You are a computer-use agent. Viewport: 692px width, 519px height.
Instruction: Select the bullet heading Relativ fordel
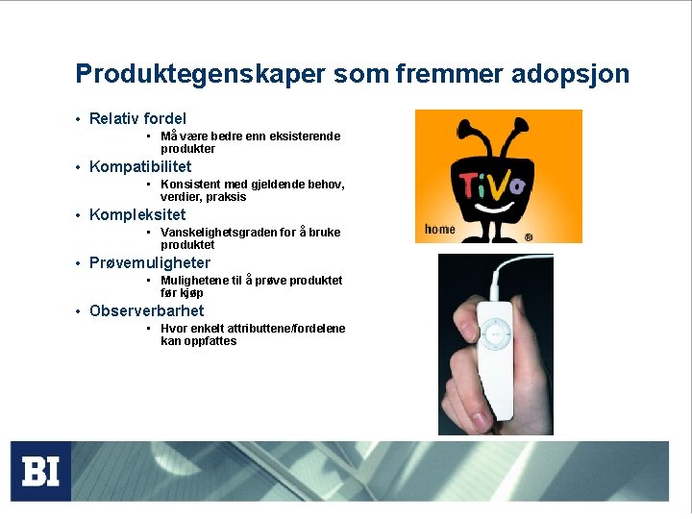pyautogui.click(x=137, y=119)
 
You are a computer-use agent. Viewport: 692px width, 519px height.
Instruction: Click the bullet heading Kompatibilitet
pyautogui.click(x=140, y=167)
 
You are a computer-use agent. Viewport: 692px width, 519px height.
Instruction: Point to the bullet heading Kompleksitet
pyautogui.click(x=137, y=215)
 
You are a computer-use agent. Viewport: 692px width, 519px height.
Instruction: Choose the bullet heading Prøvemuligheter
pyautogui.click(x=150, y=263)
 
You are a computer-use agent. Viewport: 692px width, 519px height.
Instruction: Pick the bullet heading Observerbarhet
pyautogui.click(x=146, y=311)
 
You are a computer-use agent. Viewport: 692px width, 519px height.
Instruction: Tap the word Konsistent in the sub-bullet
pyautogui.click(x=189, y=185)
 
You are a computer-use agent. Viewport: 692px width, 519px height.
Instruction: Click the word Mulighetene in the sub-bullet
pyautogui.click(x=193, y=281)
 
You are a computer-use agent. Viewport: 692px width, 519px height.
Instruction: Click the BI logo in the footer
pyautogui.click(x=41, y=471)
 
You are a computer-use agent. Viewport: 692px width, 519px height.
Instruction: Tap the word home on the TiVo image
pyautogui.click(x=439, y=229)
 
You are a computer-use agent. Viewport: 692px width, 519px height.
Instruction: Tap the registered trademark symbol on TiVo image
pyautogui.click(x=529, y=236)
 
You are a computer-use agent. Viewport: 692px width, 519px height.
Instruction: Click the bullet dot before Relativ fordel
pyautogui.click(x=77, y=120)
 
